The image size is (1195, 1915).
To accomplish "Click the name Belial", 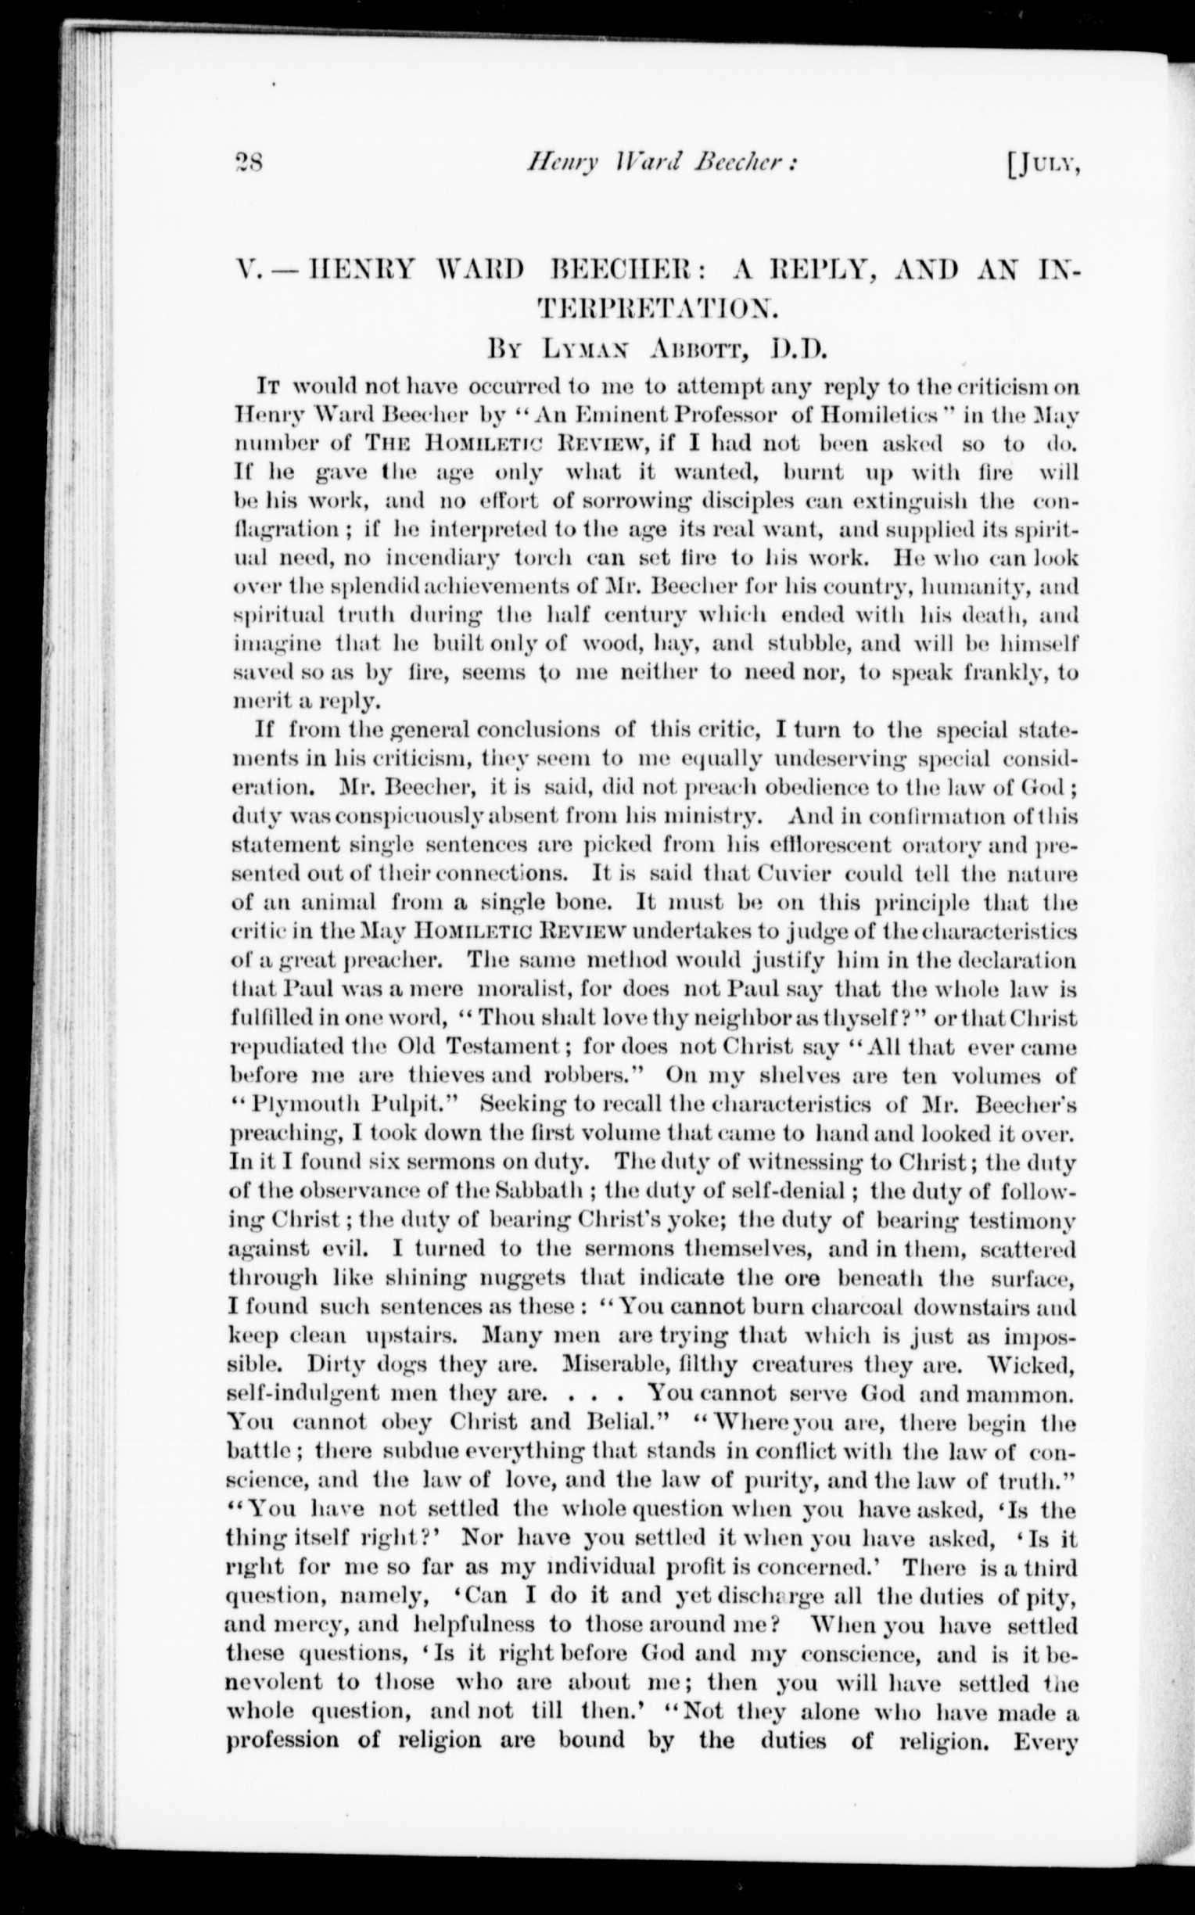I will [630, 1423].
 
